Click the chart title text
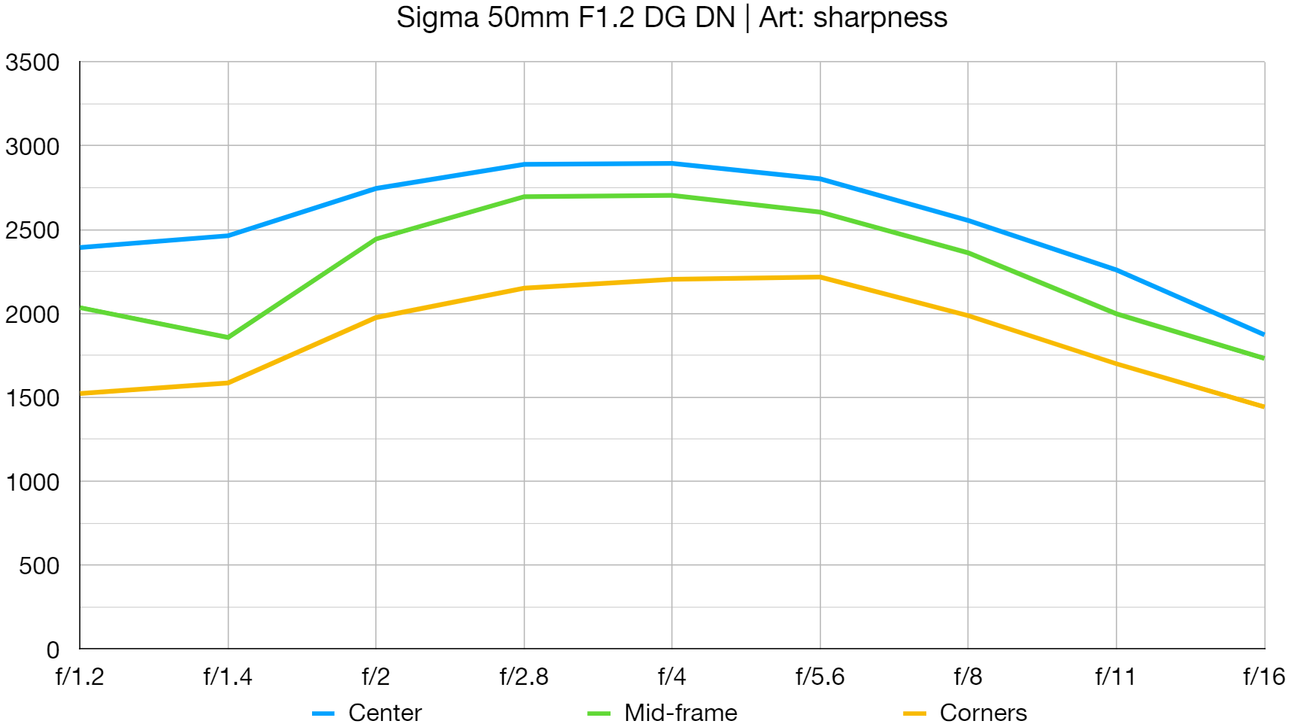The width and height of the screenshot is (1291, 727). click(671, 17)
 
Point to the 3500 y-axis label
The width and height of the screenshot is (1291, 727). click(32, 62)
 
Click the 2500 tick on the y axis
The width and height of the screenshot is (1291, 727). click(32, 230)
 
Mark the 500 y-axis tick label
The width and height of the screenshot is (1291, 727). click(39, 566)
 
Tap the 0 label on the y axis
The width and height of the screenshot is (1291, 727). click(53, 649)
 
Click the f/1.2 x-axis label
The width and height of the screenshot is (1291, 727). click(80, 677)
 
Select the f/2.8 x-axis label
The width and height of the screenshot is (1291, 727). click(524, 677)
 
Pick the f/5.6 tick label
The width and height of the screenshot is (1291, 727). click(820, 677)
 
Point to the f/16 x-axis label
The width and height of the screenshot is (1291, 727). click(1264, 677)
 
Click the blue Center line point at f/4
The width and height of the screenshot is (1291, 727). click(671, 163)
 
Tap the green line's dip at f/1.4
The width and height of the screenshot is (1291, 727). click(228, 337)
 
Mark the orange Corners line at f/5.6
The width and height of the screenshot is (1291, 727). click(820, 278)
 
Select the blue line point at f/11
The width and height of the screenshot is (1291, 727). click(1116, 270)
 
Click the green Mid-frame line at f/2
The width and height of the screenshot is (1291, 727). click(376, 239)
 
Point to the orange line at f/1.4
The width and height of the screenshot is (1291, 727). click(228, 383)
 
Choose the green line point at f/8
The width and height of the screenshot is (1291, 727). click(968, 253)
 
